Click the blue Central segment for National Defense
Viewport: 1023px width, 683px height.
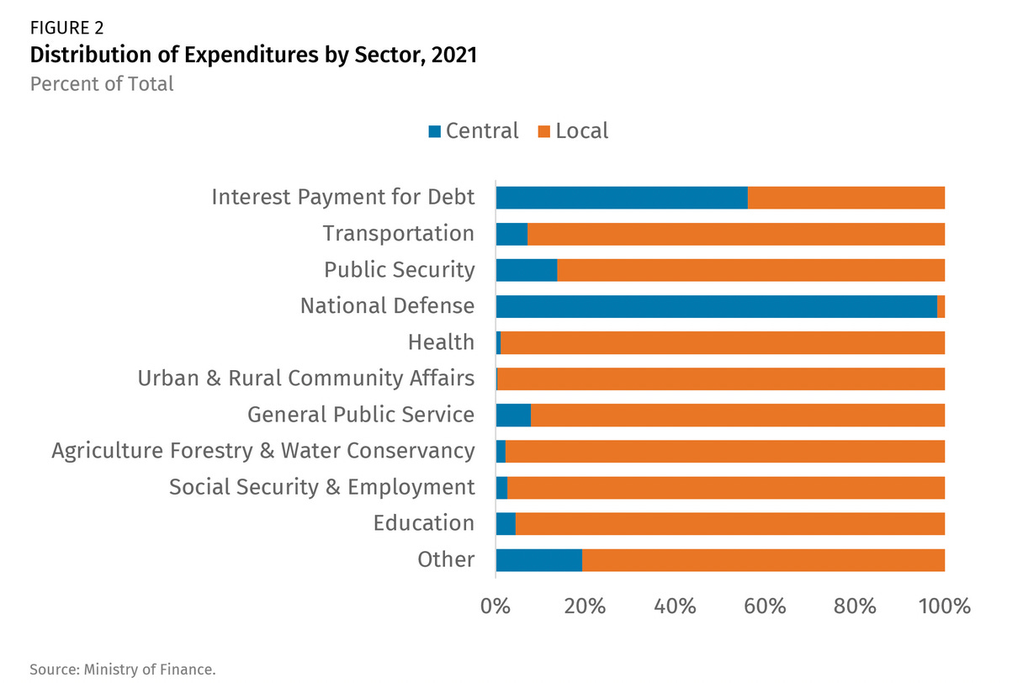pos(716,306)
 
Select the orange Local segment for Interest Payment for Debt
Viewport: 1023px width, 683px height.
pos(846,198)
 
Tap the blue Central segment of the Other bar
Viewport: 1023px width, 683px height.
pos(538,560)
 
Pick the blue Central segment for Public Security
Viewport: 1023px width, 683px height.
pos(527,270)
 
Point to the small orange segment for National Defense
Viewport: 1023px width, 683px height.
pos(941,306)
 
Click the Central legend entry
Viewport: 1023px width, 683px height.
pos(474,131)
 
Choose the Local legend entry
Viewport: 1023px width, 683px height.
pos(572,131)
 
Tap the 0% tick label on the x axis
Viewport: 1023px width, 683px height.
pos(495,606)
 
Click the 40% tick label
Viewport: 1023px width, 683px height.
pos(674,606)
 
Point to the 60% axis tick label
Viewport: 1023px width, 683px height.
pos(765,606)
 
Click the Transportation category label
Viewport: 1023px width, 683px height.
pos(399,234)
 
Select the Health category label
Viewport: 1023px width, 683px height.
pos(441,342)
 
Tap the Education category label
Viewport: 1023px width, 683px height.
pos(424,523)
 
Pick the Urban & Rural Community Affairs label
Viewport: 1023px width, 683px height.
pos(306,379)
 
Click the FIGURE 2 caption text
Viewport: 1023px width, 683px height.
pos(66,29)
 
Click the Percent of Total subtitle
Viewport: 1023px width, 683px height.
pos(102,84)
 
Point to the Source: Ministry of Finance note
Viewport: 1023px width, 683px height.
pos(123,670)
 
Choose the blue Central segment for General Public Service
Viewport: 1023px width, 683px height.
pos(513,415)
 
